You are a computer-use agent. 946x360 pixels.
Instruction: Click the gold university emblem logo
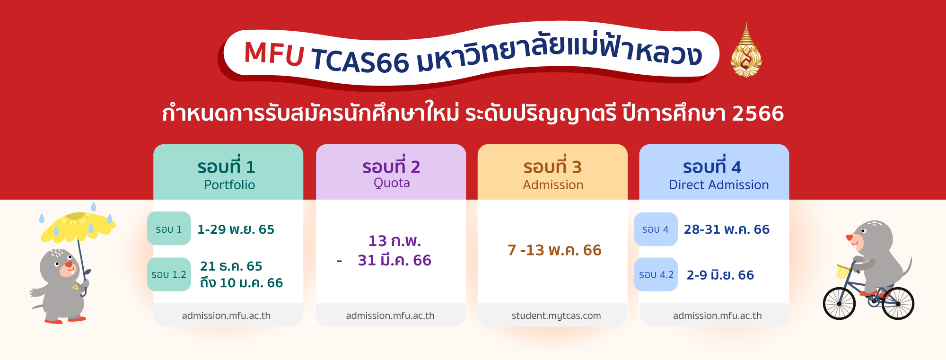click(x=746, y=51)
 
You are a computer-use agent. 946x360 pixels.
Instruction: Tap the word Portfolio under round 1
click(x=229, y=184)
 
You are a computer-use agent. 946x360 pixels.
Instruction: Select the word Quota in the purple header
click(x=392, y=183)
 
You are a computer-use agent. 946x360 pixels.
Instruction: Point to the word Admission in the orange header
click(x=553, y=184)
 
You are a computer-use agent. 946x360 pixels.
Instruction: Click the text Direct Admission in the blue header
click(x=718, y=184)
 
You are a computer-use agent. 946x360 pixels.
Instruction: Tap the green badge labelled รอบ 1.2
click(x=169, y=274)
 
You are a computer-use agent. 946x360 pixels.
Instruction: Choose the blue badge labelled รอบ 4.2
click(x=656, y=274)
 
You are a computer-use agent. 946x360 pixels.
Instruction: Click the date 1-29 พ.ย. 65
click(x=236, y=229)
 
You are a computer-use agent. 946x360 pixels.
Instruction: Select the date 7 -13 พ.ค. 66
click(x=554, y=250)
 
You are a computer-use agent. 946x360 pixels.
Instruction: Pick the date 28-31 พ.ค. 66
click(x=727, y=229)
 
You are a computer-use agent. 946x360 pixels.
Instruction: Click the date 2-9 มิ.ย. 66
click(x=720, y=275)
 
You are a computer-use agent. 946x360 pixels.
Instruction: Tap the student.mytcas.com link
click(x=556, y=316)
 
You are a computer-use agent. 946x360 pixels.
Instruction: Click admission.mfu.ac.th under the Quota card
click(x=390, y=316)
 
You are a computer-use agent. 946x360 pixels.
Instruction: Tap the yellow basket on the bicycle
click(x=843, y=272)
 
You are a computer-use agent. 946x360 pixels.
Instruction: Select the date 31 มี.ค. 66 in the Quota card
click(x=394, y=260)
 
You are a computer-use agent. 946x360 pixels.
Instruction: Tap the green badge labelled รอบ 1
click(x=169, y=228)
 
